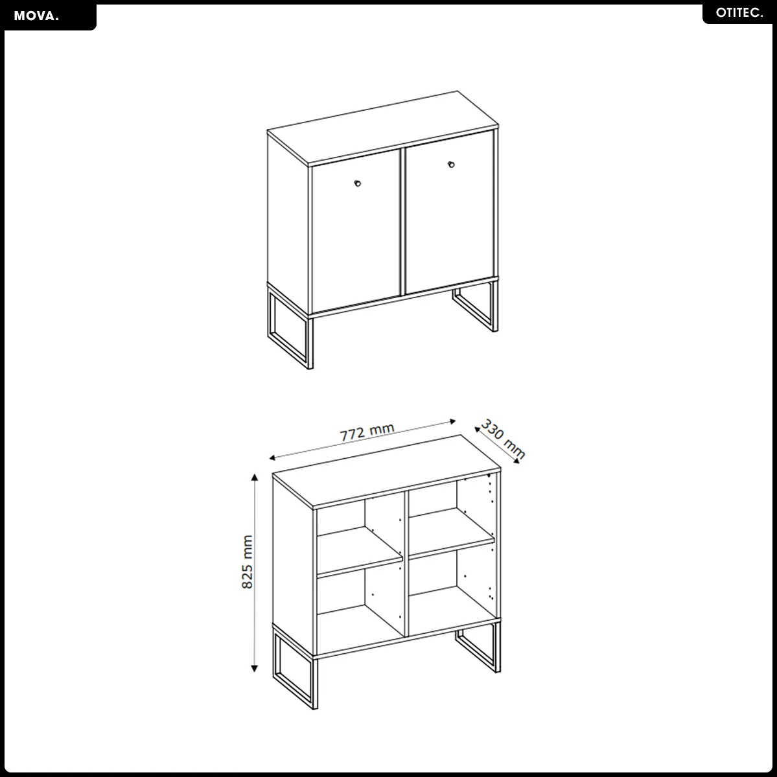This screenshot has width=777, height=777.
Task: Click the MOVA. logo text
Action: pyautogui.click(x=36, y=16)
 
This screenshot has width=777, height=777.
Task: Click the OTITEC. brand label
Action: pyautogui.click(x=739, y=13)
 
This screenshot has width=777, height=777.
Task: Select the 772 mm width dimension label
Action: pyautogui.click(x=367, y=432)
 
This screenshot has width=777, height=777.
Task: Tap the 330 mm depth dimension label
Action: pyautogui.click(x=503, y=439)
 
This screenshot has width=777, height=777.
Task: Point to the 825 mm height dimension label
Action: pyautogui.click(x=248, y=562)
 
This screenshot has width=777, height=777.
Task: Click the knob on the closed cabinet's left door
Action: pyautogui.click(x=357, y=184)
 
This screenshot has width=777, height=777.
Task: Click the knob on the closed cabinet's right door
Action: pyautogui.click(x=451, y=165)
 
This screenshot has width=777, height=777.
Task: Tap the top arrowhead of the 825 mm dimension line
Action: pyautogui.click(x=254, y=477)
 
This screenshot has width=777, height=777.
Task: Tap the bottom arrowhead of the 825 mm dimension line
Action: pyautogui.click(x=254, y=668)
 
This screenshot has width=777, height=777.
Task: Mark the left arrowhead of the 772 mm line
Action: pyautogui.click(x=272, y=458)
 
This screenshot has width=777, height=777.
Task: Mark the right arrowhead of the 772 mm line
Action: pyautogui.click(x=452, y=422)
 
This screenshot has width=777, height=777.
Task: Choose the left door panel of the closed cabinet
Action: pyautogui.click(x=356, y=231)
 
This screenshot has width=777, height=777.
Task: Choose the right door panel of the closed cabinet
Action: pyautogui.click(x=450, y=212)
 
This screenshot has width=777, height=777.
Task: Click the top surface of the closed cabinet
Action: pyautogui.click(x=382, y=128)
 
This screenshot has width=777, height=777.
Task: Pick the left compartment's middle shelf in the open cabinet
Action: pyautogui.click(x=359, y=551)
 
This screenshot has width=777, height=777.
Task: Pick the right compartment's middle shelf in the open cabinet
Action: pyautogui.click(x=452, y=533)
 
